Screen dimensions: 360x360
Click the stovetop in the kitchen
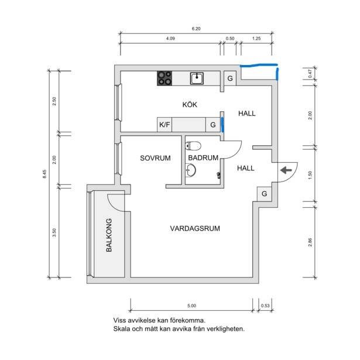tap(164, 78)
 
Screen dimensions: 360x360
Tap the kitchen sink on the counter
tap(197, 78)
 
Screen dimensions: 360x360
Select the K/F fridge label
tap(164, 125)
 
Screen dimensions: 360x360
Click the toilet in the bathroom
tap(193, 146)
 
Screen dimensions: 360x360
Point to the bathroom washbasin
tap(191, 170)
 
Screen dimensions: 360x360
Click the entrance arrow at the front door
tap(286, 170)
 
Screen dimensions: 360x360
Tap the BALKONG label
tap(109, 235)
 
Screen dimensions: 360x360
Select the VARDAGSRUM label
tap(195, 228)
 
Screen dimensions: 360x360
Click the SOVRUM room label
tap(155, 158)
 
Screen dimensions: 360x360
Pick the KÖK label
tap(190, 104)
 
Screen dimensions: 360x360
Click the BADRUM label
tap(203, 157)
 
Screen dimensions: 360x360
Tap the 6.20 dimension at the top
tap(196, 29)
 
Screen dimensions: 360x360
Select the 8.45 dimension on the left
tap(44, 174)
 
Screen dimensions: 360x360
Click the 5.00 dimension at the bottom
tap(192, 306)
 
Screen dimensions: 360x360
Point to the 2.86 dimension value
tap(310, 242)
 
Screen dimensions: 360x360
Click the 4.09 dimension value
tap(170, 39)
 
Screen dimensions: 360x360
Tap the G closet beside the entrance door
tap(264, 194)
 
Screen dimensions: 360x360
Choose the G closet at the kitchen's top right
tap(230, 78)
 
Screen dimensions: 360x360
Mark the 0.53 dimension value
tap(265, 306)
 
